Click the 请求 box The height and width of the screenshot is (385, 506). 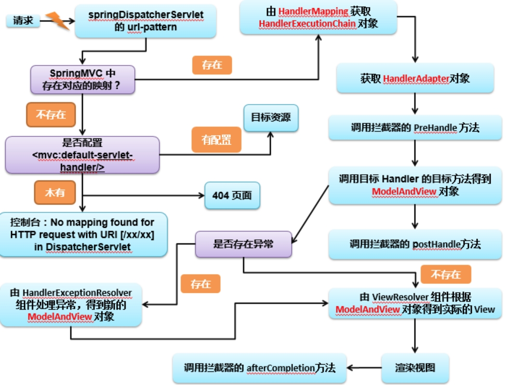click(x=23, y=21)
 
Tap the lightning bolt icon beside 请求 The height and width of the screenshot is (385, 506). click(x=57, y=21)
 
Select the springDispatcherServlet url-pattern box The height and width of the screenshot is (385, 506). click(x=146, y=21)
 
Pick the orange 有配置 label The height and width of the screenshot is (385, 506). click(x=216, y=140)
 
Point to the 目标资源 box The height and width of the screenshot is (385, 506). click(x=270, y=118)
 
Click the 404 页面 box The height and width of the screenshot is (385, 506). click(x=232, y=195)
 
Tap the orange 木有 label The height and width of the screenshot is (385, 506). click(x=55, y=192)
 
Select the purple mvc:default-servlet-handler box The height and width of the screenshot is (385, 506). click(x=82, y=154)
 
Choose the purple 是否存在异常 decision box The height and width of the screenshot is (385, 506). click(x=243, y=244)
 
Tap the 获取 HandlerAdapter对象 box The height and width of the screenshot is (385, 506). click(x=415, y=78)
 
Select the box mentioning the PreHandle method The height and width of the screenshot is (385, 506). click(x=415, y=128)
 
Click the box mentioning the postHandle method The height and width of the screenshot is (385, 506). click(x=415, y=244)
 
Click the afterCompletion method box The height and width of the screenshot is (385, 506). click(x=259, y=368)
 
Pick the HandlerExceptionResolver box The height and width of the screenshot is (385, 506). click(x=71, y=304)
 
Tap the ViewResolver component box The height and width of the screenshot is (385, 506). click(x=415, y=303)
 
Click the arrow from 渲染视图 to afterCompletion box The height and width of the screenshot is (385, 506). click(x=365, y=368)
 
